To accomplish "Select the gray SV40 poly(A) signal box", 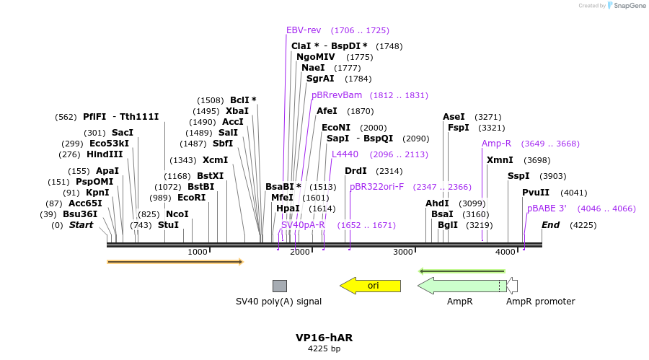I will pyautogui.click(x=279, y=286).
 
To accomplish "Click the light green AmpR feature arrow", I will pyautogui.click(x=462, y=286).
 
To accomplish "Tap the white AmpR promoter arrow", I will pyautogui.click(x=512, y=286).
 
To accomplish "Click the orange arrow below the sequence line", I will pyautogui.click(x=175, y=262).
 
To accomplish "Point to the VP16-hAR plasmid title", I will pyautogui.click(x=324, y=338).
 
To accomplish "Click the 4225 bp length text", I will pyautogui.click(x=324, y=349).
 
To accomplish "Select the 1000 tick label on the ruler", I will pyautogui.click(x=197, y=252).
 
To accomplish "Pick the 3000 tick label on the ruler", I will pyautogui.click(x=403, y=252).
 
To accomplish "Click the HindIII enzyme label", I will pyautogui.click(x=105, y=154).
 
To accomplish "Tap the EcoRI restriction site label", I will pyautogui.click(x=191, y=198).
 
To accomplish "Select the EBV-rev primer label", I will pyautogui.click(x=304, y=30).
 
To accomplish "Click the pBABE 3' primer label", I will pyautogui.click(x=547, y=208).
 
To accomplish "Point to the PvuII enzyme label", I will pyautogui.click(x=536, y=193).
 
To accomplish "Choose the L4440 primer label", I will pyautogui.click(x=345, y=154).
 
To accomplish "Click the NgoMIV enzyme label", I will pyautogui.click(x=315, y=57).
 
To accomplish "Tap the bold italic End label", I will pyautogui.click(x=550, y=225).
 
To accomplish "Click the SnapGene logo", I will pyautogui.click(x=624, y=6).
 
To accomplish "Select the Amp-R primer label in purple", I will pyautogui.click(x=496, y=144).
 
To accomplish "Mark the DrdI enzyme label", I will pyautogui.click(x=356, y=171).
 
